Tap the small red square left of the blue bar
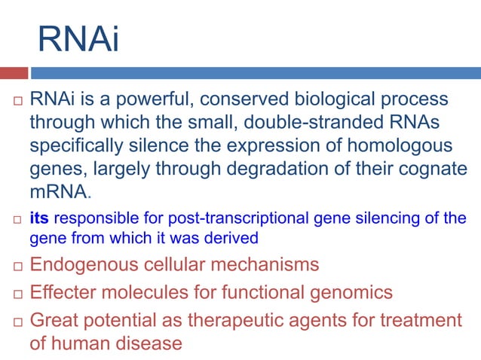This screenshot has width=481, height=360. pyautogui.click(x=14, y=73)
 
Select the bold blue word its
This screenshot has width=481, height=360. pyautogui.click(x=39, y=219)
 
